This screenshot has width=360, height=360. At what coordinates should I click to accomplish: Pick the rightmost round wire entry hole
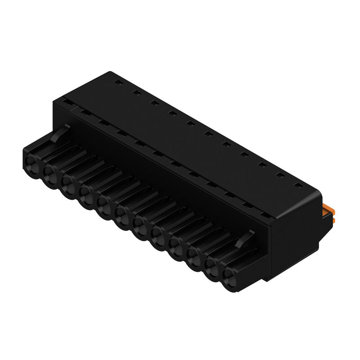[x=230, y=275]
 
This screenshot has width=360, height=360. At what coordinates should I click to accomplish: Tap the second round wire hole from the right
[x=212, y=265]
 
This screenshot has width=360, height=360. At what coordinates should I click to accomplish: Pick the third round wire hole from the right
[x=194, y=255]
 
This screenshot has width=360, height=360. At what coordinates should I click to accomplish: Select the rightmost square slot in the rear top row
[x=297, y=184]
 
